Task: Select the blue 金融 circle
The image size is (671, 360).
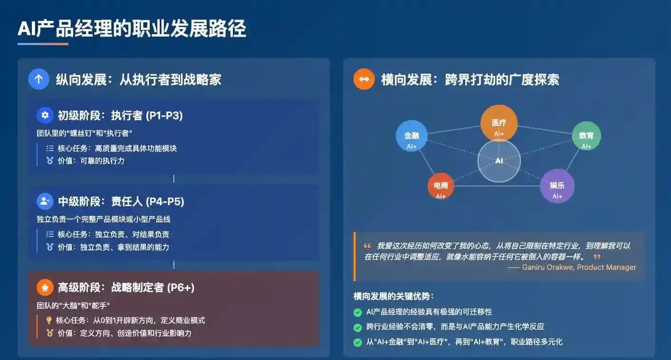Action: pos(412,136)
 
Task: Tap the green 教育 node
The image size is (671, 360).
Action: pos(586,136)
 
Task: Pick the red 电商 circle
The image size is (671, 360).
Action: pos(441,186)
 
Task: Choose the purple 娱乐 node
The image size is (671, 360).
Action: pos(557,186)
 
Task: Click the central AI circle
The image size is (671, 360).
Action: pos(499,161)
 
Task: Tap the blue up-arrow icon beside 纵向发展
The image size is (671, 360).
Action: pos(38,79)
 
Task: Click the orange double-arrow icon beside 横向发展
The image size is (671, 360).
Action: pos(364,79)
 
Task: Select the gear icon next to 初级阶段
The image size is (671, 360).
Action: pos(45,115)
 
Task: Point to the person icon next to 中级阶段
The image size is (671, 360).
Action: pos(45,201)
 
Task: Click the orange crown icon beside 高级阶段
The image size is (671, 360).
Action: pos(45,287)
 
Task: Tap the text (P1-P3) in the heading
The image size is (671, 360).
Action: pos(164,115)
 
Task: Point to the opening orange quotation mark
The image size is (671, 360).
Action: pos(367,246)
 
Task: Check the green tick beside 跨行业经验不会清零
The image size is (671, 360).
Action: pos(357,327)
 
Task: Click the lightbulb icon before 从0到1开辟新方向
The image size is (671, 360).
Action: pos(48,321)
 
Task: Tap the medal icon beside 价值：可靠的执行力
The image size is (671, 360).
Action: pos(49,161)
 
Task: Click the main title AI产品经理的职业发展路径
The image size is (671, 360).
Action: pos(132,29)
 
